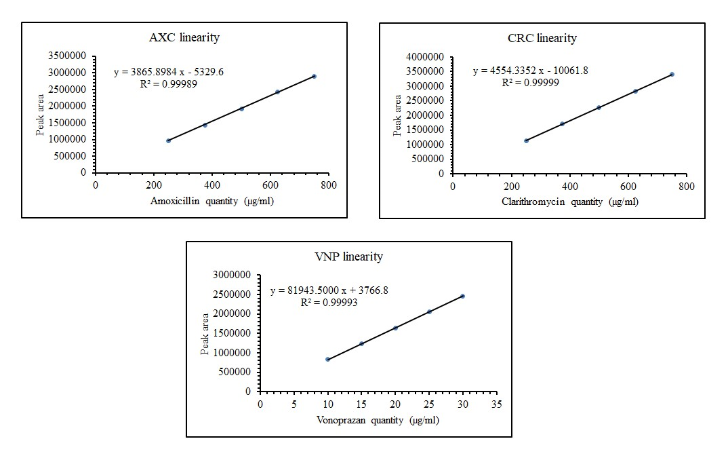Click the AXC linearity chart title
[x=184, y=37]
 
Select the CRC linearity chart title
[x=542, y=38]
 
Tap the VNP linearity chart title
[x=348, y=256]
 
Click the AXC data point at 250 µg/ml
[x=168, y=140]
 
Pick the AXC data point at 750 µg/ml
[x=314, y=76]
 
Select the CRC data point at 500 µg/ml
[x=599, y=107]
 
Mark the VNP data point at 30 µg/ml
[x=462, y=296]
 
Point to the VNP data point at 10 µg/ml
[x=327, y=359]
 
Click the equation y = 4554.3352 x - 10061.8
[x=531, y=71]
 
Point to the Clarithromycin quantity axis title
[x=569, y=202]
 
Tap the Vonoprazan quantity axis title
[x=378, y=420]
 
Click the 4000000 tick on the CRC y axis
[x=426, y=57]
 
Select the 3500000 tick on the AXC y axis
[x=69, y=56]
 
